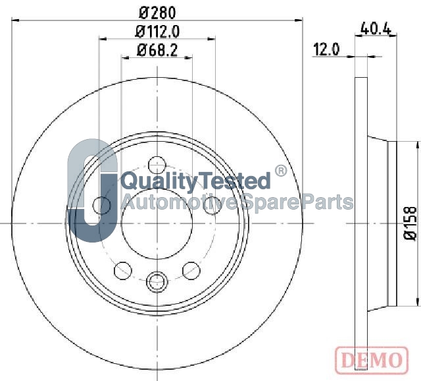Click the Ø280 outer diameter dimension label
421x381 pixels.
pyautogui.click(x=157, y=13)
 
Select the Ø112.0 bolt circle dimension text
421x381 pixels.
pyautogui.click(x=157, y=32)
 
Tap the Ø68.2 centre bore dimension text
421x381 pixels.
pyautogui.click(x=157, y=50)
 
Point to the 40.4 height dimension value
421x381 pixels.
pyautogui.click(x=376, y=28)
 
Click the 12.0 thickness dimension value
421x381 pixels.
pyautogui.click(x=326, y=49)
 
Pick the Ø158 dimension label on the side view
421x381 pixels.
pyautogui.click(x=410, y=223)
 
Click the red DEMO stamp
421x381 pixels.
pyautogui.click(x=372, y=360)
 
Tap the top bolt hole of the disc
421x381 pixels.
pyautogui.click(x=157, y=165)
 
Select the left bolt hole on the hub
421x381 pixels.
pyautogui.click(x=101, y=205)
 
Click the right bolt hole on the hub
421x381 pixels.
pyautogui.click(x=212, y=205)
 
